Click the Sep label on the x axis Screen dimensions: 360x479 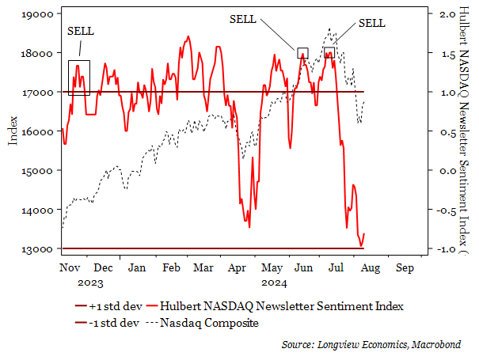point(403,267)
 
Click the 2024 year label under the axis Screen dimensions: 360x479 point(274,281)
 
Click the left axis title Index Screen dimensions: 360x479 point(13,130)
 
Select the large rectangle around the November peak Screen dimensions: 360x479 point(79,78)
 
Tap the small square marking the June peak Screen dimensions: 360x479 point(302,53)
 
